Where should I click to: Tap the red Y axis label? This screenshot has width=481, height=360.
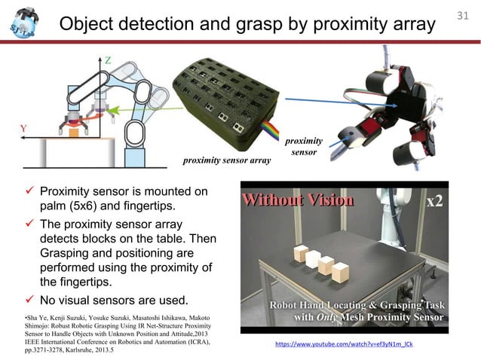[24, 128]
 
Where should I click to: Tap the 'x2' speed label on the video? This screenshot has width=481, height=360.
[435, 202]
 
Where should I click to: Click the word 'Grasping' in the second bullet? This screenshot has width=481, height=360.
[68, 255]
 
